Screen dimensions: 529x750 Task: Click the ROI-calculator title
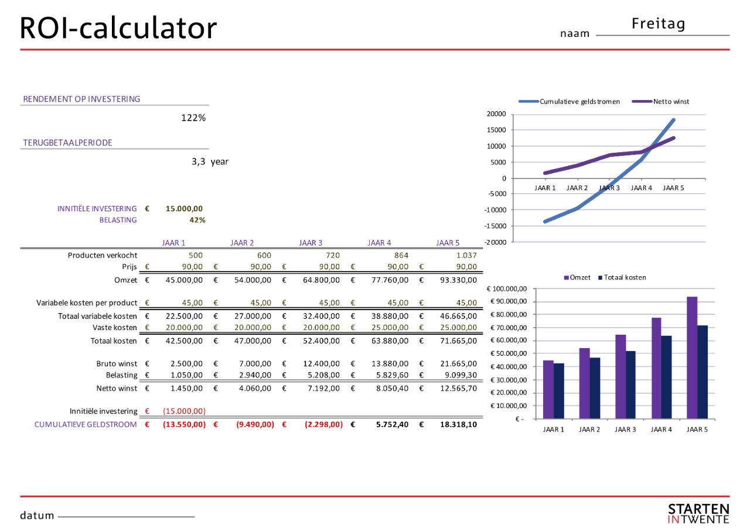tap(118, 28)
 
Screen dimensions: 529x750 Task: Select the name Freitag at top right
tap(659, 24)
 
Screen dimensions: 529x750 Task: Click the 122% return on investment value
tap(193, 118)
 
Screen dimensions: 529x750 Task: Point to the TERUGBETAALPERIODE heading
tap(67, 143)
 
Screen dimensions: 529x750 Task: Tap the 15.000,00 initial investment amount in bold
tap(184, 208)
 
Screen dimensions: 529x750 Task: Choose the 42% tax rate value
tap(197, 220)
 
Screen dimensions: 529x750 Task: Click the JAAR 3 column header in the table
tap(311, 242)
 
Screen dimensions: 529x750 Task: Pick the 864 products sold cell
tap(401, 255)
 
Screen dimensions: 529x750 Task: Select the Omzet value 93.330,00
tap(458, 280)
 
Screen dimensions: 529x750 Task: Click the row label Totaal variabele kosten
tap(98, 316)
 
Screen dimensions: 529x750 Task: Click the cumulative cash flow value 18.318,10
tap(458, 424)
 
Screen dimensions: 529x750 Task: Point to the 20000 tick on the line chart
tap(496, 114)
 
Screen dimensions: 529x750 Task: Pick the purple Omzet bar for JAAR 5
tap(692, 358)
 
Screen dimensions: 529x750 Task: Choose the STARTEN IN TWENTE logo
tap(698, 513)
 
